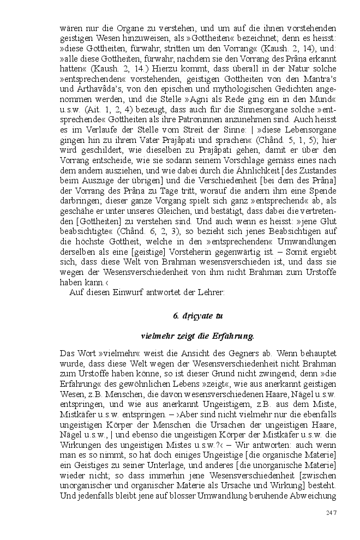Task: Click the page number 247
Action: click(x=331, y=512)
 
